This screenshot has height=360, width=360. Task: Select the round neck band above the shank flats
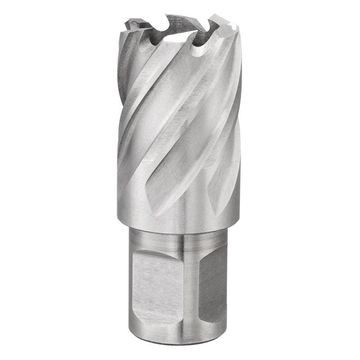180,238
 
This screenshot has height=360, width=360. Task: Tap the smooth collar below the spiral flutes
180,220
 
